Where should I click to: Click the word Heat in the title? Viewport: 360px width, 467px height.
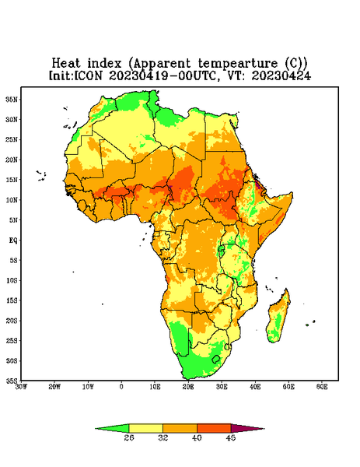(x=66, y=64)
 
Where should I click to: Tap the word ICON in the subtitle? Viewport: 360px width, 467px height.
(x=88, y=75)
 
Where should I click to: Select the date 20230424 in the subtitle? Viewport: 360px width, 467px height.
(x=281, y=75)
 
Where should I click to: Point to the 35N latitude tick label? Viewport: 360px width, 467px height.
(x=12, y=99)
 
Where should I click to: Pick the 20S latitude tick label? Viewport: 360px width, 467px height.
(x=12, y=321)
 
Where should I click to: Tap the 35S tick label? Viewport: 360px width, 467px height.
(x=12, y=381)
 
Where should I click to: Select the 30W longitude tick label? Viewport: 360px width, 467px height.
(x=21, y=387)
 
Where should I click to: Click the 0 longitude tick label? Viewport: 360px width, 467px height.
(x=121, y=387)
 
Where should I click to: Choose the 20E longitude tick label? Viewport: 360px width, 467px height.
(x=188, y=387)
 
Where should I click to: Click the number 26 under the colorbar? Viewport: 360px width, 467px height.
(x=129, y=437)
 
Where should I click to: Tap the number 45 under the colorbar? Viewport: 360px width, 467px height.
(x=231, y=437)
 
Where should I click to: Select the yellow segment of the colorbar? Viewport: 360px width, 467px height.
(x=145, y=428)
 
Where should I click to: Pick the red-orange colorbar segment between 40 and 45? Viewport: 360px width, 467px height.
(x=214, y=428)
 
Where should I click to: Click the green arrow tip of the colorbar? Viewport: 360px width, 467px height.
(x=96, y=429)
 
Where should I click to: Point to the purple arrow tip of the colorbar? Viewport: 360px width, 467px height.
(x=264, y=429)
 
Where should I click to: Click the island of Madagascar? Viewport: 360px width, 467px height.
(x=278, y=318)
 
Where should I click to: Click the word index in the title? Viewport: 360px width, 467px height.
(x=104, y=64)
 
